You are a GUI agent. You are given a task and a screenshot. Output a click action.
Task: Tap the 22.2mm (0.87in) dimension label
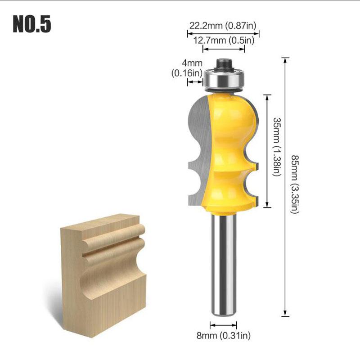click(223, 26)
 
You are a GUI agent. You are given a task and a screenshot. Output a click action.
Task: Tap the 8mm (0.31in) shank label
click(224, 335)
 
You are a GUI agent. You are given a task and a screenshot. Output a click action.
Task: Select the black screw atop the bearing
click(223, 64)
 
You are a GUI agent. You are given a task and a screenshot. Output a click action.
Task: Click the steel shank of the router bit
click(224, 265)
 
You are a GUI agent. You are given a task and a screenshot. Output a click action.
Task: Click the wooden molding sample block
click(103, 274)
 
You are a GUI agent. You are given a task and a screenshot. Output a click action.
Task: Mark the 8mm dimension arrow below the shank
click(224, 324)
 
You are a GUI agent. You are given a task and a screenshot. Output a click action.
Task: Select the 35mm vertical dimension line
click(268, 151)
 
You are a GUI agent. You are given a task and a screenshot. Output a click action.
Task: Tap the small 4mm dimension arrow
click(194, 82)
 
